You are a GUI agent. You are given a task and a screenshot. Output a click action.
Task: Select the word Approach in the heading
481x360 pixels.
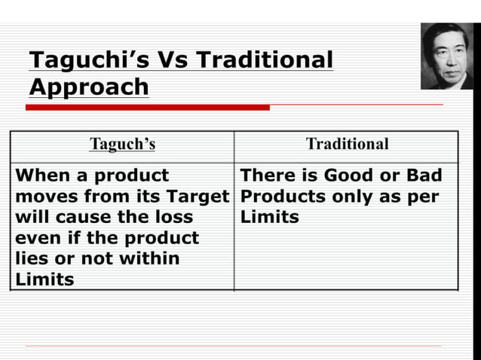click(89, 87)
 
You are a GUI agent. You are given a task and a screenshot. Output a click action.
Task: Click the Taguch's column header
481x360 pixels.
click(122, 145)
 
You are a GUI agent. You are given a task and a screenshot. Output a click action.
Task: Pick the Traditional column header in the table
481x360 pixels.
click(347, 145)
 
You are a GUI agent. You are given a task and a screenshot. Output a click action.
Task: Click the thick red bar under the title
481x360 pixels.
click(147, 108)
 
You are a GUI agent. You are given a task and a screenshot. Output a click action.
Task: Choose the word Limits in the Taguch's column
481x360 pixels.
click(44, 280)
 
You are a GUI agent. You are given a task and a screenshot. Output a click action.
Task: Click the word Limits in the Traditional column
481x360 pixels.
click(269, 218)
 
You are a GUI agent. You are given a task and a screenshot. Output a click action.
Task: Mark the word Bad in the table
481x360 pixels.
click(424, 176)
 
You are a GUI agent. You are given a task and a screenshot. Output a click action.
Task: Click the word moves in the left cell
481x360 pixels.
click(42, 197)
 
